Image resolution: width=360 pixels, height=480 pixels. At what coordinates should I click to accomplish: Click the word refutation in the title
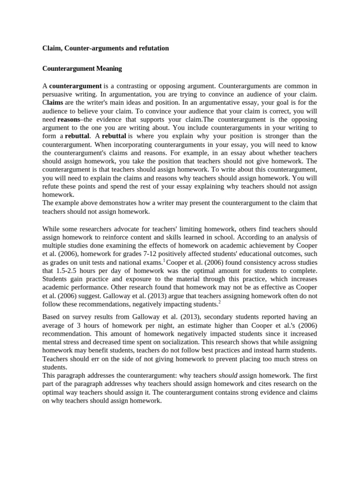tap(152, 48)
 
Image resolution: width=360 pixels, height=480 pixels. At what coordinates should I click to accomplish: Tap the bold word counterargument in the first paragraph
tap(75, 86)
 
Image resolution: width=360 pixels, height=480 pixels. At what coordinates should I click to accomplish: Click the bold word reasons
tap(68, 119)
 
